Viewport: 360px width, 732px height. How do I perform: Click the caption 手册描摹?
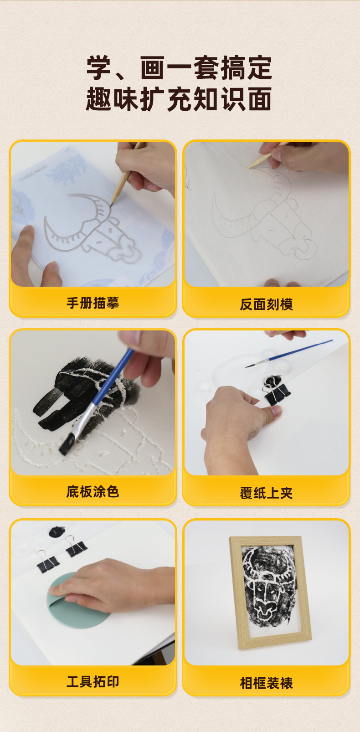[x=93, y=303]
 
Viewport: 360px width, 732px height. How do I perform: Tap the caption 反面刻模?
[x=266, y=304]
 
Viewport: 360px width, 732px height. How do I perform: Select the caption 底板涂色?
[x=93, y=491]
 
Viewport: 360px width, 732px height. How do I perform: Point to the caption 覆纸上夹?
[x=266, y=493]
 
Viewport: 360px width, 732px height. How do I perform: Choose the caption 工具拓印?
[x=93, y=681]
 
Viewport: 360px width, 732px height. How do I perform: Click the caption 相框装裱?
[x=266, y=683]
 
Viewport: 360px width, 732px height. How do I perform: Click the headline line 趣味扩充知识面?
[x=179, y=99]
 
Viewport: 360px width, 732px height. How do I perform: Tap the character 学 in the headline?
[x=99, y=68]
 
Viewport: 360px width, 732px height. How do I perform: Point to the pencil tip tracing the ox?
[x=111, y=206]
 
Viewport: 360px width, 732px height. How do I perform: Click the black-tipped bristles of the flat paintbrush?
[x=67, y=444]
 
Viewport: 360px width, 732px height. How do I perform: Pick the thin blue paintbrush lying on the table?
[x=289, y=353]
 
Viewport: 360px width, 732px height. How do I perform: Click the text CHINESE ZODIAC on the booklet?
[x=33, y=173]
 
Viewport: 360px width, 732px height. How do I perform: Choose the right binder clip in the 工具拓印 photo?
[x=76, y=546]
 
